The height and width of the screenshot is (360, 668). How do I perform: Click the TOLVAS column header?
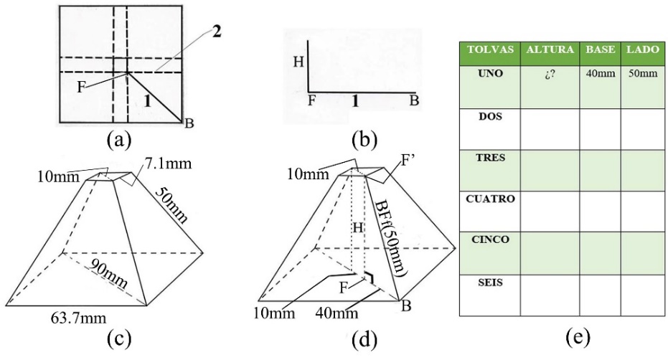pos(490,49)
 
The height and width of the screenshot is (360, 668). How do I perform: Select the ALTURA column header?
pos(550,49)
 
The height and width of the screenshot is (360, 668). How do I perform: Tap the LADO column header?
pos(642,49)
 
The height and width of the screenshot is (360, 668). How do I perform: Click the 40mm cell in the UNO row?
pos(601,73)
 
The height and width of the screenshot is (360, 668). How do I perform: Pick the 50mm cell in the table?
pos(643,73)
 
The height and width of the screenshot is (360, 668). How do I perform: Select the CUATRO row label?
pos(490,199)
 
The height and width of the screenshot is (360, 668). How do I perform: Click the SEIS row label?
pos(490,283)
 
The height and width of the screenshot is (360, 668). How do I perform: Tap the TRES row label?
pos(490,158)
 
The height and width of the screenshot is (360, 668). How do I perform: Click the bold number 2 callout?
pos(217,32)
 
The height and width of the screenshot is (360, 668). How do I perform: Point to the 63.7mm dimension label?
pos(78,318)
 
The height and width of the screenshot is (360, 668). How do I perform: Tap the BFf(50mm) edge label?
pos(390,239)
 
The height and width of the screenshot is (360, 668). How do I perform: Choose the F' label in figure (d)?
pos(408,161)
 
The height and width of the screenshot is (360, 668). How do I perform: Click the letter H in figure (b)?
pos(298,62)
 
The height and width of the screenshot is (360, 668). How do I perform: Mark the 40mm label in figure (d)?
pos(337,313)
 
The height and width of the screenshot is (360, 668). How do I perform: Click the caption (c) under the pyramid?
pos(119,339)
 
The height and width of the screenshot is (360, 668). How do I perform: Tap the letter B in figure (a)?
pos(189,123)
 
